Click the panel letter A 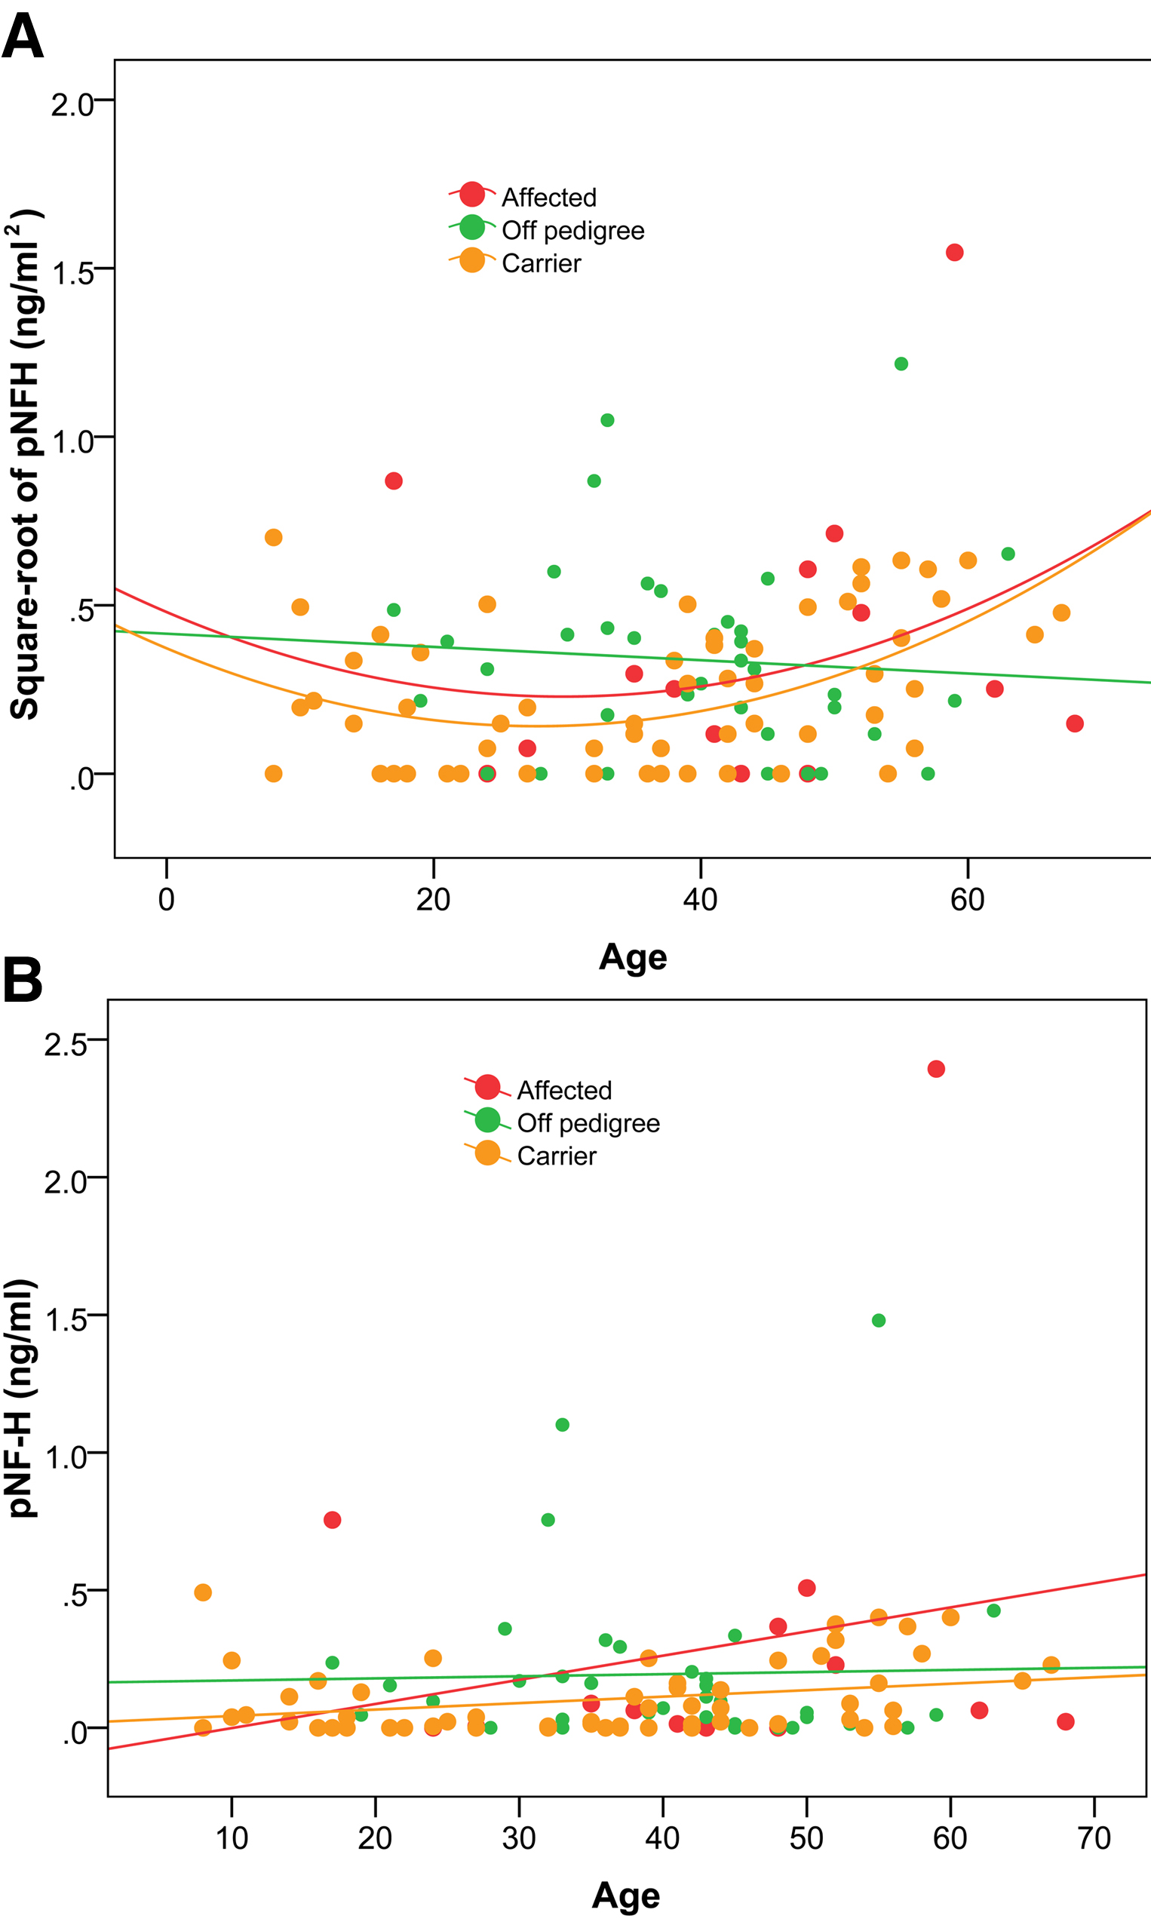pyautogui.click(x=23, y=36)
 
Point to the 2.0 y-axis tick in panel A pyautogui.click(x=72, y=104)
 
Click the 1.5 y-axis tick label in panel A pyautogui.click(x=72, y=273)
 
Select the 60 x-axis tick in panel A pyautogui.click(x=967, y=900)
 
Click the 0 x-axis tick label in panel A pyautogui.click(x=166, y=900)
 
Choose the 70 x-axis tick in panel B pyautogui.click(x=1094, y=1837)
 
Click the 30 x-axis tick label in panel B pyautogui.click(x=519, y=1837)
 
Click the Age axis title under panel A pyautogui.click(x=632, y=957)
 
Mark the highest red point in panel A pyautogui.click(x=954, y=252)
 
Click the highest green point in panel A pyautogui.click(x=901, y=364)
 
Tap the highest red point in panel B pyautogui.click(x=935, y=1069)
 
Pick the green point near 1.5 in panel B pyautogui.click(x=878, y=1320)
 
